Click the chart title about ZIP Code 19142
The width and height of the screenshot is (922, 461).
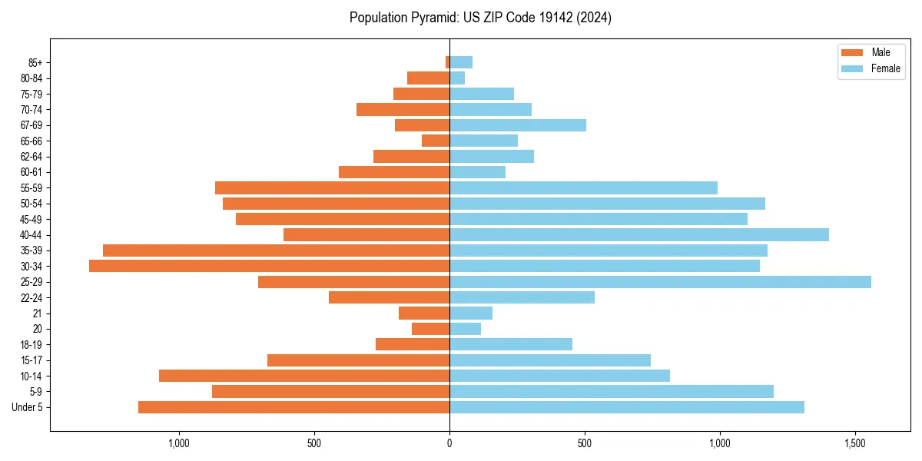click(x=480, y=18)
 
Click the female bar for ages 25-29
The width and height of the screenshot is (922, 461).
click(x=660, y=282)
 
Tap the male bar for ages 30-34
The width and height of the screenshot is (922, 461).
click(x=269, y=266)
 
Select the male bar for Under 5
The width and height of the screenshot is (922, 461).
click(x=294, y=407)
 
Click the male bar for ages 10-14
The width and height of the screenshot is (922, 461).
click(x=304, y=376)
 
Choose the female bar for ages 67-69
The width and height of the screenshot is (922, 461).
click(x=518, y=125)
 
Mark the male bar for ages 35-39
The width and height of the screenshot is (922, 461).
click(x=276, y=250)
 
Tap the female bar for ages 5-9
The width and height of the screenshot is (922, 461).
click(x=612, y=392)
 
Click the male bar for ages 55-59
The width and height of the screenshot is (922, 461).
click(x=332, y=187)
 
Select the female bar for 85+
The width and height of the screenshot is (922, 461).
click(x=461, y=62)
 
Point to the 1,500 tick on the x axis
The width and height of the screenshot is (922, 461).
click(x=855, y=444)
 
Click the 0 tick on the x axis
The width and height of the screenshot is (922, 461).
click(x=449, y=444)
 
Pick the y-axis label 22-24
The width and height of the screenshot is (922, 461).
click(x=32, y=297)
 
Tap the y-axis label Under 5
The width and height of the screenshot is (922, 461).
click(x=28, y=407)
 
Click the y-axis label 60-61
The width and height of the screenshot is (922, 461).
click(x=32, y=172)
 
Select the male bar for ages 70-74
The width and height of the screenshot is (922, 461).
click(x=403, y=109)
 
